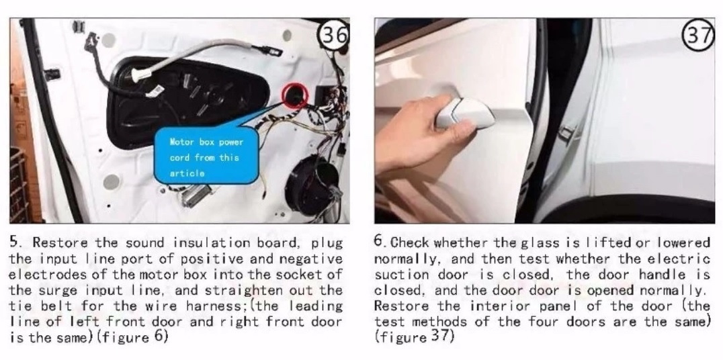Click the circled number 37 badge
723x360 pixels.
(x=699, y=35)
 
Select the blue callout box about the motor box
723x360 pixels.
(x=206, y=156)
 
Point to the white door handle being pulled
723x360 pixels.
(x=466, y=113)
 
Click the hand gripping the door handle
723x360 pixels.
(x=419, y=134)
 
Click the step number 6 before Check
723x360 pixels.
(x=378, y=241)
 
